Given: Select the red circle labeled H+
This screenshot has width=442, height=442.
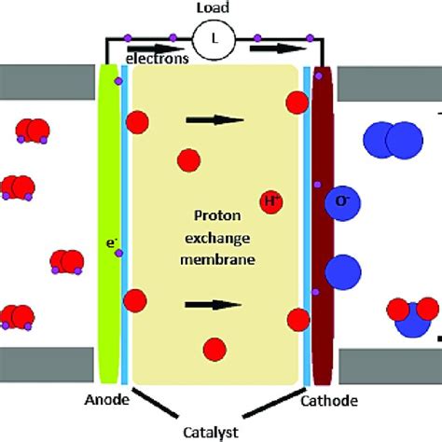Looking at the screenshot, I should (x=272, y=200).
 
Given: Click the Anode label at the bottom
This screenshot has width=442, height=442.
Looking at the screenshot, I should (x=101, y=402).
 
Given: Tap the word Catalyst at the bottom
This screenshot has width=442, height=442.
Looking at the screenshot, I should (x=217, y=431).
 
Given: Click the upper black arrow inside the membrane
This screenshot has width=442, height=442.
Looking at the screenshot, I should (x=214, y=118).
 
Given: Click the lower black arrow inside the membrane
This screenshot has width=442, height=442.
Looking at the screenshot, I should (x=214, y=304).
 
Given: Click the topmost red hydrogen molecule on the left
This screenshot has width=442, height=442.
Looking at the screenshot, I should (x=35, y=130).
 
